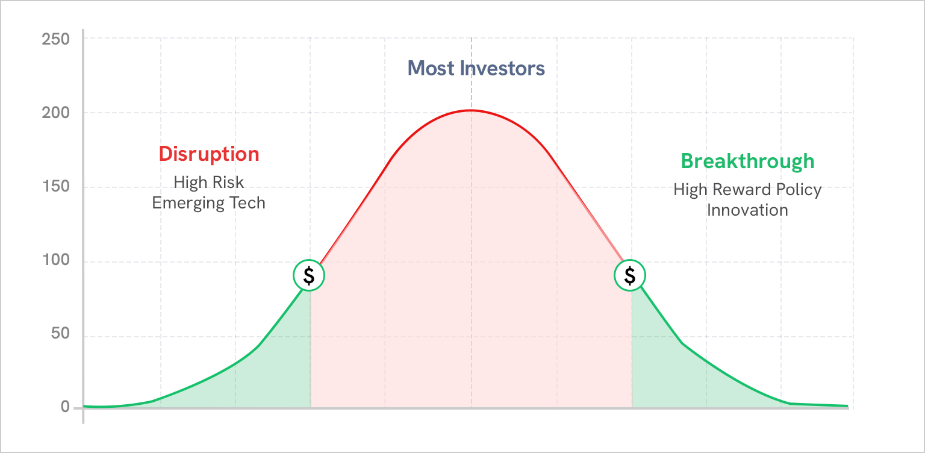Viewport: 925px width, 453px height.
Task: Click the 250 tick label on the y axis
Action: click(x=56, y=39)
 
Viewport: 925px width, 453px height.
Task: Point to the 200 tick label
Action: click(x=56, y=113)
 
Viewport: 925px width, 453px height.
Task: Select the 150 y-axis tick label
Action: click(x=56, y=186)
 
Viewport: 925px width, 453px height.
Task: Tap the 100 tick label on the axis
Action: click(x=56, y=260)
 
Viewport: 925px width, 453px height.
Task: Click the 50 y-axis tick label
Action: click(x=60, y=333)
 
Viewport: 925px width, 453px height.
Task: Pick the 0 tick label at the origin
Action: click(x=65, y=407)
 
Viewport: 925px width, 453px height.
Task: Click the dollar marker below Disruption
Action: click(x=309, y=275)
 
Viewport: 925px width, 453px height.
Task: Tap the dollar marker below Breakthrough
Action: click(x=630, y=275)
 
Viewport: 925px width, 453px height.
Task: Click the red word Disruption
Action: click(x=209, y=154)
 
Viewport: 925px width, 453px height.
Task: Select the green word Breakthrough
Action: click(x=747, y=161)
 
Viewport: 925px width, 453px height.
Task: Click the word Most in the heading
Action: click(x=431, y=69)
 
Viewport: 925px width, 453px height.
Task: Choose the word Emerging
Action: click(x=188, y=204)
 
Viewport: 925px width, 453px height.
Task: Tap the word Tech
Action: click(x=247, y=203)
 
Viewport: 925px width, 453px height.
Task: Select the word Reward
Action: click(x=742, y=190)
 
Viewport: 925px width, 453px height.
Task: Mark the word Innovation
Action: click(x=747, y=211)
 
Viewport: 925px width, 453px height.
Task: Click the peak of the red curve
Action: click(x=471, y=110)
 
